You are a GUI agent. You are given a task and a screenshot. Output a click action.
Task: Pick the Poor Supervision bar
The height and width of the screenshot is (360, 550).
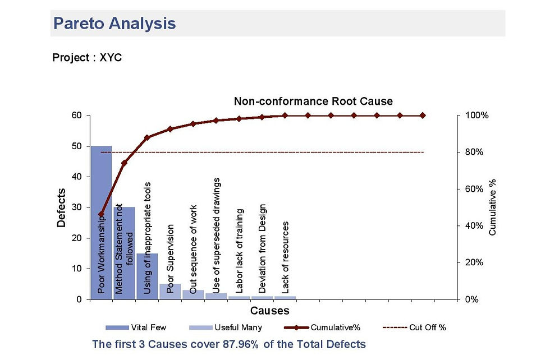click(x=170, y=292)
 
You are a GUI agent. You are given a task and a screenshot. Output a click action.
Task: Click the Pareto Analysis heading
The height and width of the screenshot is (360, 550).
click(x=114, y=24)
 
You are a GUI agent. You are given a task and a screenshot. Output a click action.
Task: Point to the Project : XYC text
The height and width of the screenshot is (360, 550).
click(x=86, y=58)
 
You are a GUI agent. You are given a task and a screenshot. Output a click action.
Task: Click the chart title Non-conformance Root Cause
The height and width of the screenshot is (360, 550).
click(x=313, y=101)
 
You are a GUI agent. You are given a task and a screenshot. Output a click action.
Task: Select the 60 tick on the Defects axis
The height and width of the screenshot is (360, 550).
click(x=76, y=116)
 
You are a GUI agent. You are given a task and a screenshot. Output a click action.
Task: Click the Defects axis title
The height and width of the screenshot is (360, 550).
click(x=62, y=207)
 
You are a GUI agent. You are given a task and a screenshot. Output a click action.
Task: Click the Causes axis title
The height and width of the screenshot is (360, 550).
click(x=269, y=310)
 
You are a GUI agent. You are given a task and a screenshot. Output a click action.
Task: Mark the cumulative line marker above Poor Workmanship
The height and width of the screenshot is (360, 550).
click(x=101, y=214)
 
